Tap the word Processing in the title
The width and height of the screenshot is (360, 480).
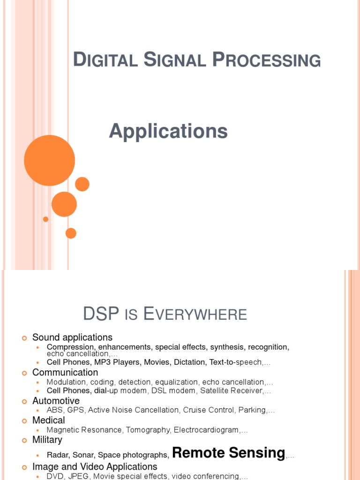266,60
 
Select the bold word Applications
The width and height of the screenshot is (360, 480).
168,131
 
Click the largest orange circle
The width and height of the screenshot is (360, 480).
49,160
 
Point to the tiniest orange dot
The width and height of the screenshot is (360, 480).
45,219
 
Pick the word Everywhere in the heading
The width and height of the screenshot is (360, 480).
195,314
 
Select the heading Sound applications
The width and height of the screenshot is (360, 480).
72,337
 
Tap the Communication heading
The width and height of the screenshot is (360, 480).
65,373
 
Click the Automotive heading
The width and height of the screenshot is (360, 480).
56,401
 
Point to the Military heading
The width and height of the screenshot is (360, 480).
47,440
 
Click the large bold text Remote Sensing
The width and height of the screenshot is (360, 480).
229,453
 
